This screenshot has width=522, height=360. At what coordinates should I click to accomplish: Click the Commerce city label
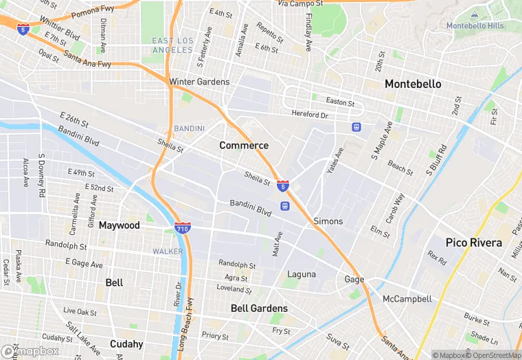[x=244, y=146]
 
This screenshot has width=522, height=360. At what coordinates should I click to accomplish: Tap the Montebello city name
[x=413, y=84]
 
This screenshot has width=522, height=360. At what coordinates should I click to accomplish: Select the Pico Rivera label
[x=473, y=243]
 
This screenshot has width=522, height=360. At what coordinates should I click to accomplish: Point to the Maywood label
[x=119, y=225]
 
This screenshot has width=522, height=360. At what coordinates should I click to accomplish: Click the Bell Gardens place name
[x=259, y=308]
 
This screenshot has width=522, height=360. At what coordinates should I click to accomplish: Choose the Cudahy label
[x=126, y=344]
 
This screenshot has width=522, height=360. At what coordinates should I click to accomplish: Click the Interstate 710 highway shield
[x=182, y=227]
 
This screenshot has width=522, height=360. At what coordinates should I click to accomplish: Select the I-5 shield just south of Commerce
[x=283, y=185]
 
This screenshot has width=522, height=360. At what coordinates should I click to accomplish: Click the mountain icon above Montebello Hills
[x=475, y=14]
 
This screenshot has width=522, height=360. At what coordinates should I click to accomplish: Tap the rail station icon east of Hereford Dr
[x=356, y=127]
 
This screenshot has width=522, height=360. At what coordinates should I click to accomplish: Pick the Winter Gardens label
[x=199, y=82]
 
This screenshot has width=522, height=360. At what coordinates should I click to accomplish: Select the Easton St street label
[x=340, y=102]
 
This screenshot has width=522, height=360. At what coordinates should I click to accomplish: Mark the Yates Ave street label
[x=335, y=160]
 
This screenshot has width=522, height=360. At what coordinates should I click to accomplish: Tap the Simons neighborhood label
[x=328, y=221]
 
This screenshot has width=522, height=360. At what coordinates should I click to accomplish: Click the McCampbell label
[x=407, y=299]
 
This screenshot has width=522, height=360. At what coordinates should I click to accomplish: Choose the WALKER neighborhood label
[x=168, y=251]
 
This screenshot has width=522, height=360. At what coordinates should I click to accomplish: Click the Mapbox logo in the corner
[x=30, y=351]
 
